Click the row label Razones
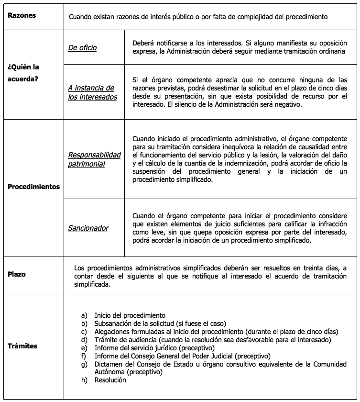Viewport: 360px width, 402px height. pos(22,15)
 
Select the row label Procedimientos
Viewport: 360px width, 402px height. pos(34,186)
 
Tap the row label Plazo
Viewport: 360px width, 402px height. pos(17,275)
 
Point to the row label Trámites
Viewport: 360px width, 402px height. pos(22,346)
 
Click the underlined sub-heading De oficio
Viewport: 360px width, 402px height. pos(82,47)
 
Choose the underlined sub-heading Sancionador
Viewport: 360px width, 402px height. pos(88,228)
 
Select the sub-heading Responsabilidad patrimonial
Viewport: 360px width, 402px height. pos(94,159)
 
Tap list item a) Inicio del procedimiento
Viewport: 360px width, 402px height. pos(130,315)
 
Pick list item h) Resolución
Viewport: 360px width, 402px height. pos(110,380)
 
